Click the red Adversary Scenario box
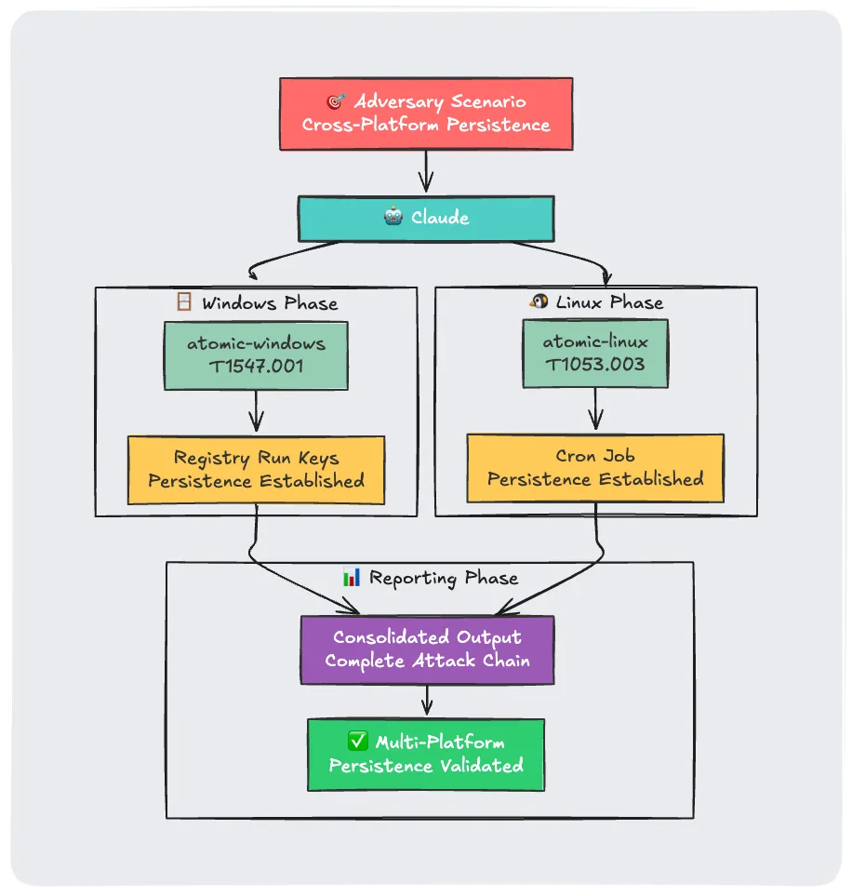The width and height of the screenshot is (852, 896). coord(426,114)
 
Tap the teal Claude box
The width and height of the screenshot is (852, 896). coord(426,218)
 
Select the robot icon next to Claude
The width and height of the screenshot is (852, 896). coord(393,218)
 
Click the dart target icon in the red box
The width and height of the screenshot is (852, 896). coord(336,101)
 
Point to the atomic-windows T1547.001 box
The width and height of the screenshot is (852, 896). coord(256,355)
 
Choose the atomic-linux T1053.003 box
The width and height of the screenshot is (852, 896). coord(595,354)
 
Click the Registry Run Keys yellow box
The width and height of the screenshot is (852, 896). coord(256,470)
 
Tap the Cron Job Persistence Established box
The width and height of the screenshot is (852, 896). coord(595,468)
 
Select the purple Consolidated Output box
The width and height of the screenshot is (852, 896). coord(427,649)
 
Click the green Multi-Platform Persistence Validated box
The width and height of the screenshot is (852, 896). coord(426,755)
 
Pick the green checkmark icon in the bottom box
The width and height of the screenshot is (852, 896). coord(357,742)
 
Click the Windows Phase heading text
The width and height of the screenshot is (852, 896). coord(270,303)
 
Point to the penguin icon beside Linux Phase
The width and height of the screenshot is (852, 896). coord(539,301)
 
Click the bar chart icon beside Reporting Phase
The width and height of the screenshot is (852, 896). coord(352,578)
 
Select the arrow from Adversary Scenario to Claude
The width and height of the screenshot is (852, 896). coord(426,171)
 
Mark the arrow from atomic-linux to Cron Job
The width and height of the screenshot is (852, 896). coord(595,409)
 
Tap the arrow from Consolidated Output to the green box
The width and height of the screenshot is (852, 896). coord(427,700)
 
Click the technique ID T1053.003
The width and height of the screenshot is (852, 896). coord(595,365)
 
